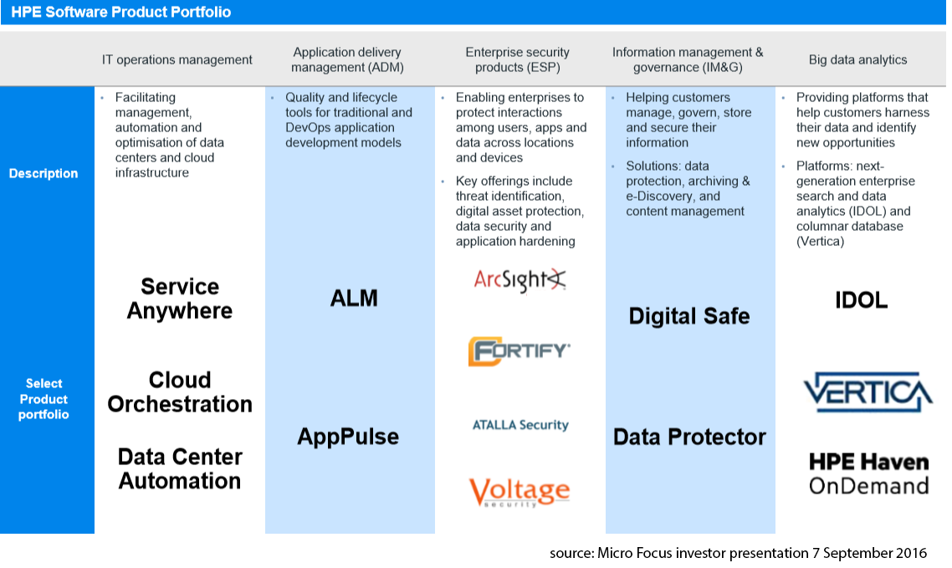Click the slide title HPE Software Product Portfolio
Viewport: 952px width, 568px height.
point(121,13)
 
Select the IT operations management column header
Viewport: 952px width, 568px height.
point(177,59)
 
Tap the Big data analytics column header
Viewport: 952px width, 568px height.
point(857,59)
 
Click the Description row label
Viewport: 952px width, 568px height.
point(44,173)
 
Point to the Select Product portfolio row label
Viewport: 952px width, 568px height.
point(44,399)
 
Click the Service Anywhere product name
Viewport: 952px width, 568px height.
point(180,299)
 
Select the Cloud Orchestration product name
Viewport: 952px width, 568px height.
point(180,392)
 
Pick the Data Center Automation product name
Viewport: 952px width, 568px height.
point(180,469)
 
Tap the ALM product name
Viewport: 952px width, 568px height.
point(354,298)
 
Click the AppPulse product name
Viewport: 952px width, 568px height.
point(348,437)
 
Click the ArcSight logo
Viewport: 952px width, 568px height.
point(520,281)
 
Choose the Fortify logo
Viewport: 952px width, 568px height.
point(520,351)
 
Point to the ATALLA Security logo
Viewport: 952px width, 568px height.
point(520,425)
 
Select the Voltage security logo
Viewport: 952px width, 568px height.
point(520,491)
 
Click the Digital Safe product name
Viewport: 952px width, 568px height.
point(689,316)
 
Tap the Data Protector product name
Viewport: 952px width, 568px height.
point(689,437)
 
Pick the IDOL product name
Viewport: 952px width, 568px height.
point(861,300)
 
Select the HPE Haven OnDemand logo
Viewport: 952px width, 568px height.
point(868,473)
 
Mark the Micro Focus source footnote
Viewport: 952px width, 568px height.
point(738,553)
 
